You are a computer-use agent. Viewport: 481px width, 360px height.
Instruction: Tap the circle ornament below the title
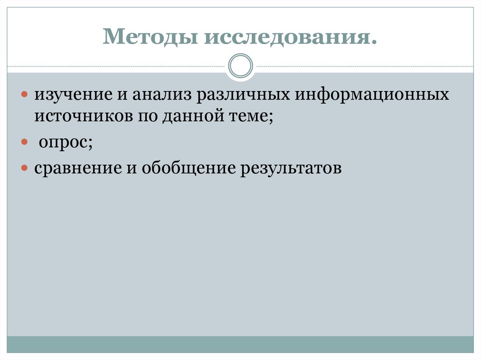240,66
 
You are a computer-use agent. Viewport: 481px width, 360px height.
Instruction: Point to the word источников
80,116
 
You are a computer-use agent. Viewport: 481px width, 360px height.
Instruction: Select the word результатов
292,168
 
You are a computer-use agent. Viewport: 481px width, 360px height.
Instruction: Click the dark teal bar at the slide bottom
240,345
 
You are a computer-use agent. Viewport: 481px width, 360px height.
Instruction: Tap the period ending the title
374,43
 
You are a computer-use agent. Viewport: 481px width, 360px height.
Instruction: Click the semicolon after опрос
89,144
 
